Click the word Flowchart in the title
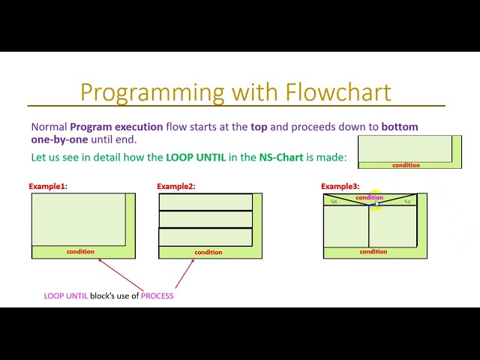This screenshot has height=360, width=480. coord(338,92)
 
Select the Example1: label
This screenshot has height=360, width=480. coord(48,187)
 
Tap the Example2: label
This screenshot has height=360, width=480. coord(176,187)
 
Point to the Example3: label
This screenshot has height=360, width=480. coord(340,187)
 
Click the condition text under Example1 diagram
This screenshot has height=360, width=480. coord(80,252)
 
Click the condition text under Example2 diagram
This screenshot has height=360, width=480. coord(208,253)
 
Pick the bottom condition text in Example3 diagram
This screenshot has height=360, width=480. coord(373,252)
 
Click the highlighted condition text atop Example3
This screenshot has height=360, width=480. coord(369,197)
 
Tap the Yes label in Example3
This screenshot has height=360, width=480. coord(334,201)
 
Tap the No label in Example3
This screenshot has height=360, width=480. coord(407,201)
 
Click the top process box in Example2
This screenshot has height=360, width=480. coord(205,202)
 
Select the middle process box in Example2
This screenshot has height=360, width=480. coord(205,219)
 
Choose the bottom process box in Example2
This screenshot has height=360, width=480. coord(205,237)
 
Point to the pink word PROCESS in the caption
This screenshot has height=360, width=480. coord(157,296)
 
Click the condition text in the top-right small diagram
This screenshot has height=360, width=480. coord(406,165)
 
